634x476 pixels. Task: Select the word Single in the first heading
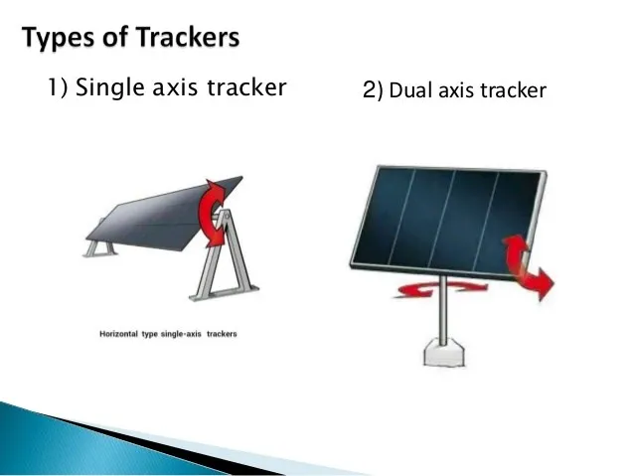point(108,87)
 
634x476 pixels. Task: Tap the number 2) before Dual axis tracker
point(373,91)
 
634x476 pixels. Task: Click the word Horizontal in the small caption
point(122,333)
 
